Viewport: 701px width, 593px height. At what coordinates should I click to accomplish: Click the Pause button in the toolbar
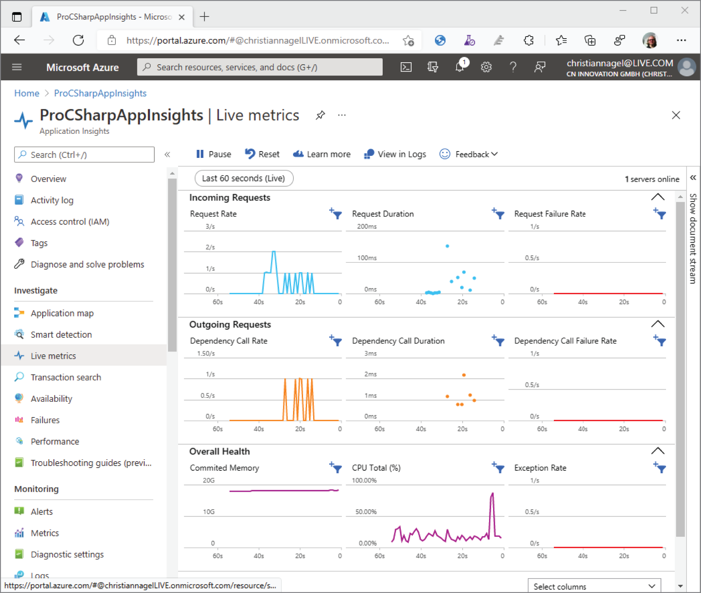[213, 154]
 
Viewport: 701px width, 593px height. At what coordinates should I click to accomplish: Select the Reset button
[262, 154]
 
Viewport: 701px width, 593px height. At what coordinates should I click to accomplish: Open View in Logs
[395, 154]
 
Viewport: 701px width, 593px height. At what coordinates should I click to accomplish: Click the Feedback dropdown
[469, 154]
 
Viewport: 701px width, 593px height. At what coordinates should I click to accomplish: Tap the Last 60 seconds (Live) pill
[244, 178]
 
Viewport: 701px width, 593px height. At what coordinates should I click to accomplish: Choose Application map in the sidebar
[62, 313]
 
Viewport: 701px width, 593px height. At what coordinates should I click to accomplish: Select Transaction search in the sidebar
[66, 377]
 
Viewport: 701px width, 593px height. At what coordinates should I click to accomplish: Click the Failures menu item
[45, 420]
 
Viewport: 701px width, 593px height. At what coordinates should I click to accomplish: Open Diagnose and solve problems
[87, 264]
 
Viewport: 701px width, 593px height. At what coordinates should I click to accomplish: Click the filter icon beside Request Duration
[498, 214]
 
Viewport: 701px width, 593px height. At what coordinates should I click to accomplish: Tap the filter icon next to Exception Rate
[660, 468]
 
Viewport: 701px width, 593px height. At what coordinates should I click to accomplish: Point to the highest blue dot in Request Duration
[447, 246]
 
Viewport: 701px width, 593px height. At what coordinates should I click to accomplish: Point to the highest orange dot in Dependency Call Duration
[464, 375]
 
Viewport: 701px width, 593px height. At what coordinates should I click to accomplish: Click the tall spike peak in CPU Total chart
[492, 494]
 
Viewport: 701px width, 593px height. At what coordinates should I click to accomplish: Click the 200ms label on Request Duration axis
[367, 227]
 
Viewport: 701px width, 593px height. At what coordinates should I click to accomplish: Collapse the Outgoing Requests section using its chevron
[658, 324]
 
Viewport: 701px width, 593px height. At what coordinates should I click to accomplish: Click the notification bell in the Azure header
[459, 67]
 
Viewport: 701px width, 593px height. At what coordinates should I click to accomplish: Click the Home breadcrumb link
[27, 93]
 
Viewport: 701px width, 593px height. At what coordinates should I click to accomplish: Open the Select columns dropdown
[594, 587]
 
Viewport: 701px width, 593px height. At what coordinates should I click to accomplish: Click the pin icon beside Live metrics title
[320, 115]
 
